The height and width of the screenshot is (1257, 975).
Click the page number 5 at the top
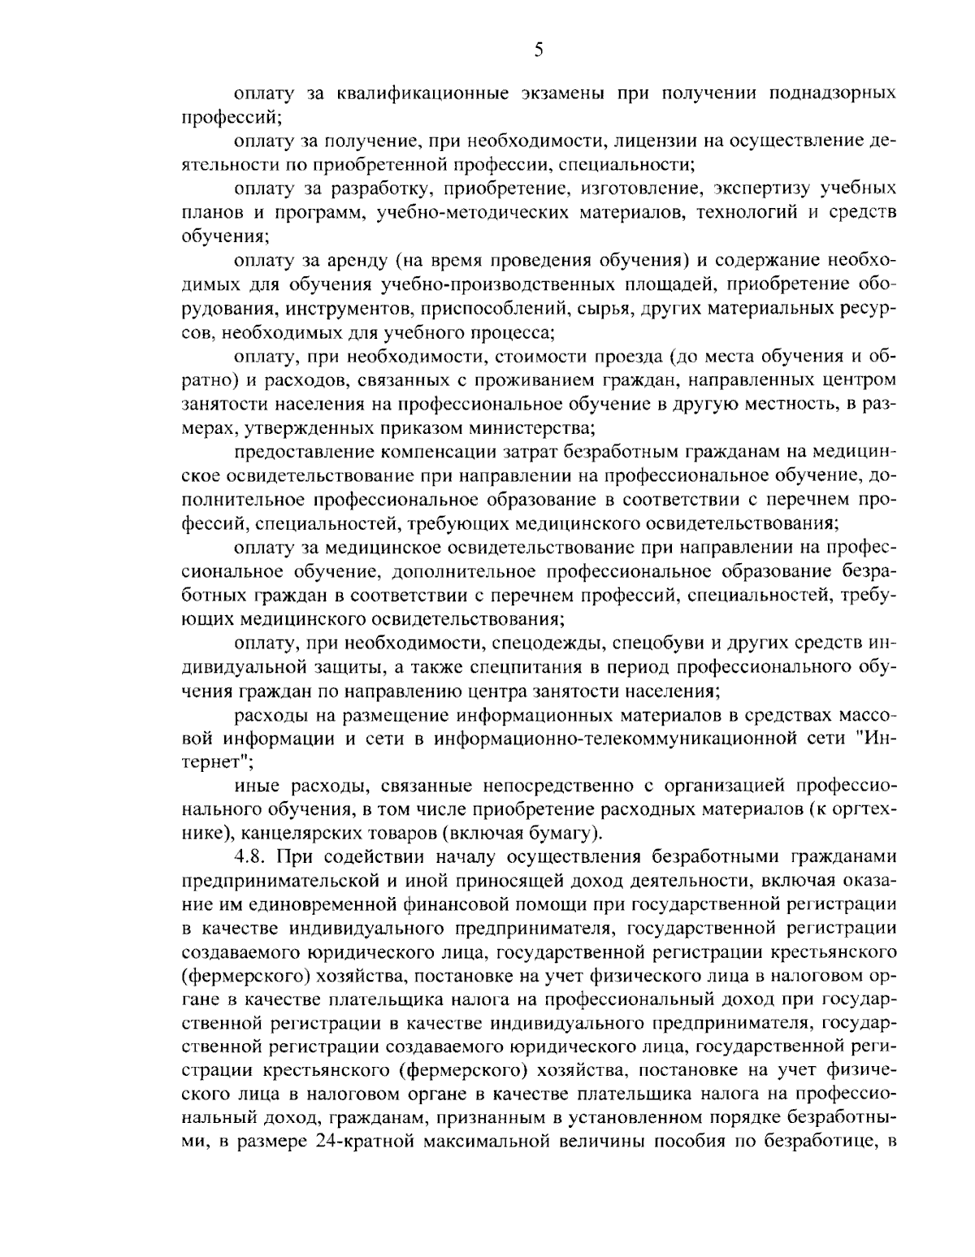pyautogui.click(x=539, y=50)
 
